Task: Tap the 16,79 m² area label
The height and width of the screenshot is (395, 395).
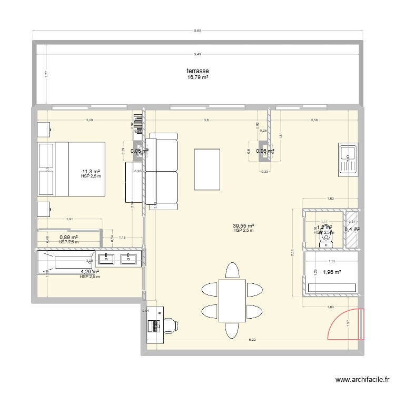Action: [x=197, y=77]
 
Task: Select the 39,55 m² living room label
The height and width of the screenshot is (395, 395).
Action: [x=243, y=225]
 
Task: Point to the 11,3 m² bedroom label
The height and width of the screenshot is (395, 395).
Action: [x=91, y=171]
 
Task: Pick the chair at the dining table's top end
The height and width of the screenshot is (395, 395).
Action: [x=232, y=271]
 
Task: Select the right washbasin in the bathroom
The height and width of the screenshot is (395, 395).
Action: [x=127, y=258]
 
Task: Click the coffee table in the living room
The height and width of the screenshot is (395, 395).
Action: [x=208, y=169]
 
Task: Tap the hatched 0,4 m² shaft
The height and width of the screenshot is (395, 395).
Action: [x=351, y=229]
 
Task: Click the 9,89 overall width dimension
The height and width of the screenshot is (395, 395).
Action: [x=197, y=31]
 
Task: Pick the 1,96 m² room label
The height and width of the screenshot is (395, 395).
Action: [x=332, y=272]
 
